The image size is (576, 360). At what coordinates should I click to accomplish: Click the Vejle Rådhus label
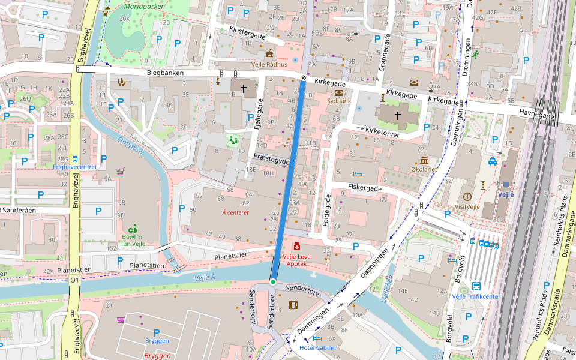click(x=269, y=64)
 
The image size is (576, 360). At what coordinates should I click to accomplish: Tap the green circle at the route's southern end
click(x=273, y=281)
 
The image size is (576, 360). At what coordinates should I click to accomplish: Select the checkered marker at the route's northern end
click(x=304, y=77)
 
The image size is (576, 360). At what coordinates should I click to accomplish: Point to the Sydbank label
click(x=339, y=101)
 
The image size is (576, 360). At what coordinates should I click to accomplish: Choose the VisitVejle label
click(x=467, y=206)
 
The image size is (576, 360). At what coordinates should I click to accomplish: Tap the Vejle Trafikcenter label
click(x=476, y=296)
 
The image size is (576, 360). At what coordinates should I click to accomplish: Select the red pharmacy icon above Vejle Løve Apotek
click(x=296, y=247)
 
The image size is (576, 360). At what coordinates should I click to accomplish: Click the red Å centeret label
click(x=235, y=212)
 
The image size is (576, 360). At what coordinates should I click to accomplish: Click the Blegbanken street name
click(x=165, y=73)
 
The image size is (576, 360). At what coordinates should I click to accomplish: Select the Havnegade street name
click(x=534, y=112)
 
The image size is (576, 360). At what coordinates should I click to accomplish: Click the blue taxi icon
click(x=492, y=161)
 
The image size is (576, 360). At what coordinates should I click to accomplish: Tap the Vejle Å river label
click(x=205, y=278)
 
